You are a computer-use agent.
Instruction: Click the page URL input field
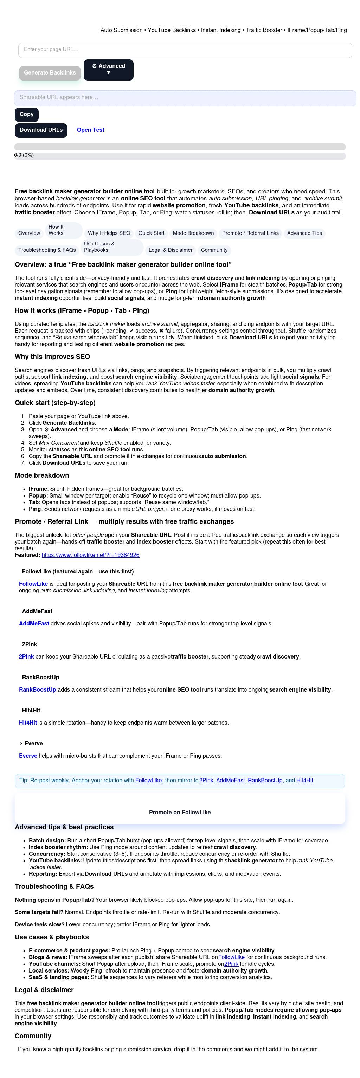[185, 50]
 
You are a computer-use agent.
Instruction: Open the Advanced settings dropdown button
[108, 70]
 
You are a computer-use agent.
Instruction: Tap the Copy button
[26, 114]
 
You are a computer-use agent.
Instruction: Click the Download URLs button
[41, 130]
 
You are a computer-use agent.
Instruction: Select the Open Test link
[90, 130]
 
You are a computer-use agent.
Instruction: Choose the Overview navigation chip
[29, 233]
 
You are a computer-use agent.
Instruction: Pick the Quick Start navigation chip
[152, 233]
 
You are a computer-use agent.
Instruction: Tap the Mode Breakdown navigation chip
[193, 233]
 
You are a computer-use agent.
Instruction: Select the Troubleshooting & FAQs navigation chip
[47, 250]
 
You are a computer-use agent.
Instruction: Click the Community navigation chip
[214, 250]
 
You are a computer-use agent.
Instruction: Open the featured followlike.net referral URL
[90, 555]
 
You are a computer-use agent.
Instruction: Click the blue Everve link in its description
[28, 756]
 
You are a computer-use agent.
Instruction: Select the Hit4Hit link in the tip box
[305, 781]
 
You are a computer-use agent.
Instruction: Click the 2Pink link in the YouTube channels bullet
[231, 964]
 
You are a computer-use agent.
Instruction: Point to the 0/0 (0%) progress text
[24, 155]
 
